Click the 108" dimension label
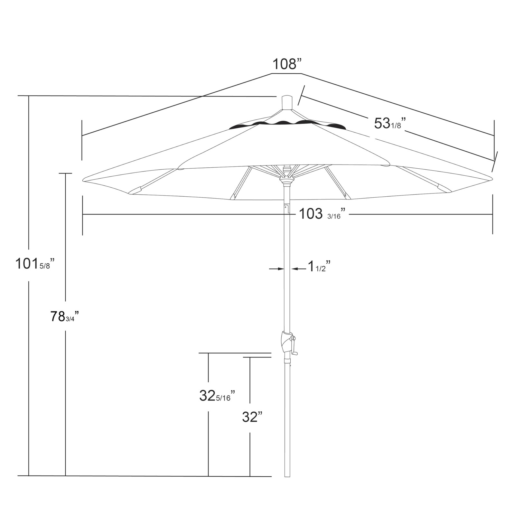[287, 64]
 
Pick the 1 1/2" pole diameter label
[319, 267]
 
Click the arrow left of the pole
[276, 268]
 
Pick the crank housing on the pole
[285, 342]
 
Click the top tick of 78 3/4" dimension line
[66, 173]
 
